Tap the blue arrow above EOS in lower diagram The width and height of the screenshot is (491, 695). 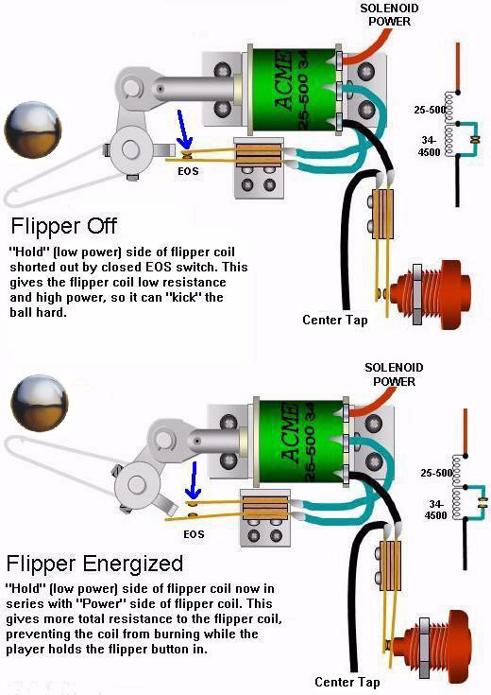[193, 481]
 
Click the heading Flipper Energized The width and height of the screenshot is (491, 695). [94, 564]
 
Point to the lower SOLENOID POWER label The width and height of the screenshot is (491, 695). [391, 374]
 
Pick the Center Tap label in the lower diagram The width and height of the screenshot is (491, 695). [347, 682]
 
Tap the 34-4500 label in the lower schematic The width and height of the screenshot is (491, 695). [433, 509]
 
